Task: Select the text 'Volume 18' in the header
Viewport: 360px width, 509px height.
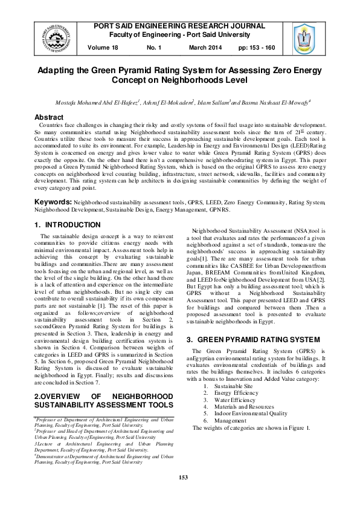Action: pyautogui.click(x=103, y=47)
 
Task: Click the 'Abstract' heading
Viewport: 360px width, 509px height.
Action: pyautogui.click(x=50, y=117)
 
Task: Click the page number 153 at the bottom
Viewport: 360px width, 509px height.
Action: pyautogui.click(x=184, y=494)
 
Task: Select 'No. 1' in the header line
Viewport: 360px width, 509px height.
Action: pyautogui.click(x=155, y=47)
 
